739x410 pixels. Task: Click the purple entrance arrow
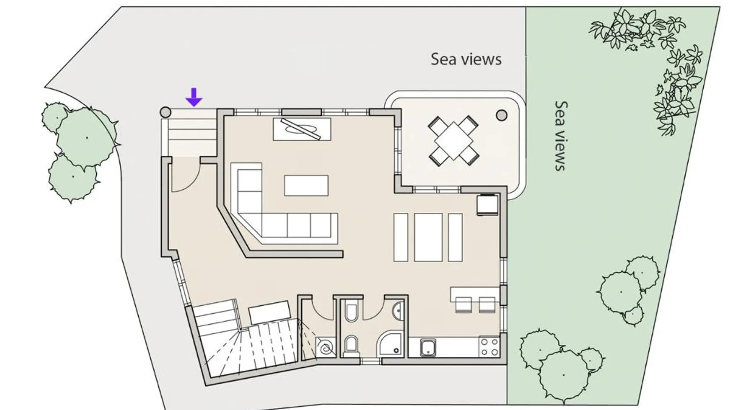tap(194, 97)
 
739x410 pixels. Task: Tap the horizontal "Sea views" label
tap(466, 59)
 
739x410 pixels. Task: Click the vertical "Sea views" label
tap(560, 135)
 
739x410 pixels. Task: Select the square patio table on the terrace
tap(453, 141)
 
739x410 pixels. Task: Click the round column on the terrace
tap(501, 115)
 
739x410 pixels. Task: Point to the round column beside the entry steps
tap(165, 112)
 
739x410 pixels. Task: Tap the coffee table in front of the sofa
tap(306, 185)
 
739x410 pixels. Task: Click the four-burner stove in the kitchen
tap(489, 347)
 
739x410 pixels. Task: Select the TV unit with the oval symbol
tap(302, 129)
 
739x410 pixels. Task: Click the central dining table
tap(428, 237)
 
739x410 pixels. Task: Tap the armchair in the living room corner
tap(488, 205)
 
